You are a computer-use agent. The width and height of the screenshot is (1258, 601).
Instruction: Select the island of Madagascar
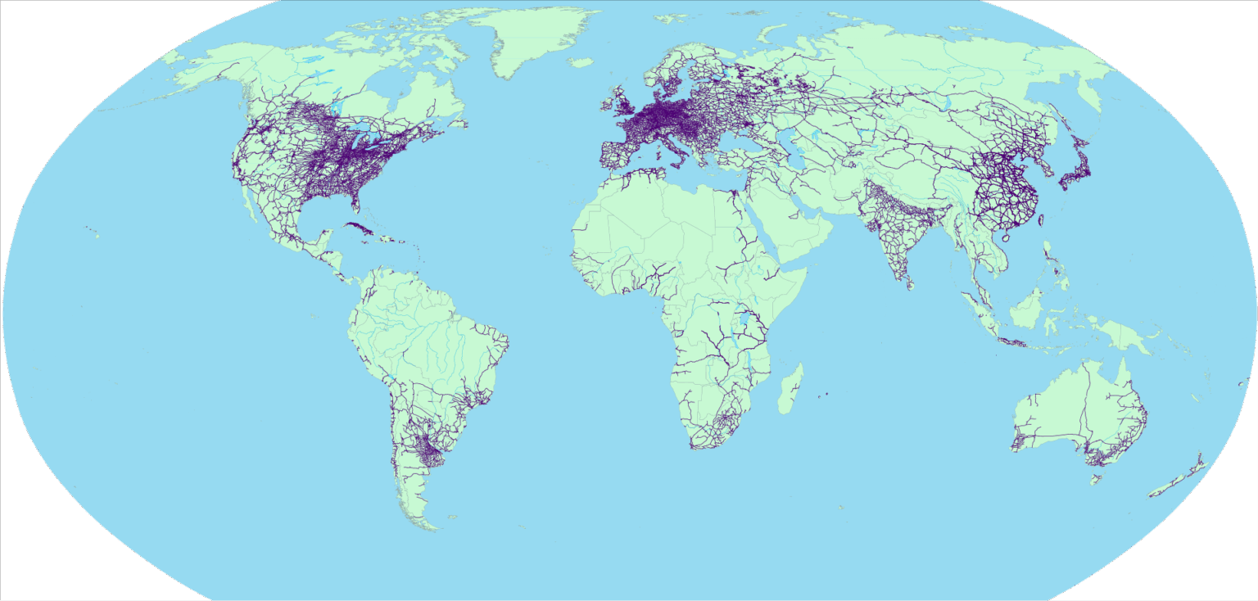[x=791, y=391]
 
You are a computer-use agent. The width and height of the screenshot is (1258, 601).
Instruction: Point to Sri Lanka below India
[x=911, y=283]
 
